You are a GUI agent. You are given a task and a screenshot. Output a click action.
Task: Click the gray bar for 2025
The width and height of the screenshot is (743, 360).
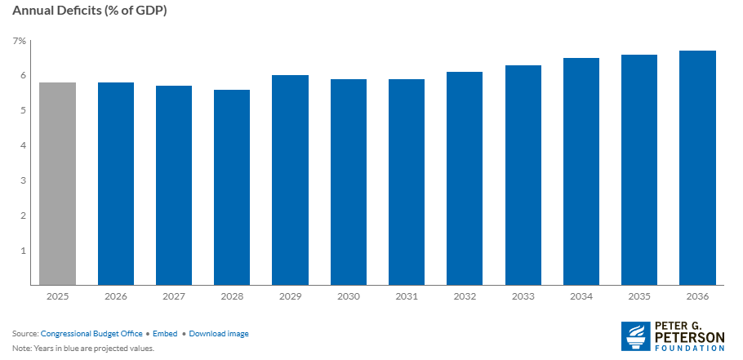(x=57, y=184)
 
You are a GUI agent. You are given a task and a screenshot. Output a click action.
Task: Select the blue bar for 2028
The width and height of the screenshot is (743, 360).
(x=232, y=188)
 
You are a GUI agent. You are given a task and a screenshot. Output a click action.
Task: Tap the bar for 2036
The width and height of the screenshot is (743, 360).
(x=698, y=168)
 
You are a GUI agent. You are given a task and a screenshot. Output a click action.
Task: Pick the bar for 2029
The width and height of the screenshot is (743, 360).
(x=290, y=180)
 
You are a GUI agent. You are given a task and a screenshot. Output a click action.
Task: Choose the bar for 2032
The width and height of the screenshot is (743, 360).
(x=465, y=179)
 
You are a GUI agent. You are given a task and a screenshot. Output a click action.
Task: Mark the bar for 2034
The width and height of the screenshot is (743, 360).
(x=581, y=171)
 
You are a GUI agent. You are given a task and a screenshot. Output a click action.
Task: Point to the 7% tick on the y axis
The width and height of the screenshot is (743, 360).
(x=19, y=41)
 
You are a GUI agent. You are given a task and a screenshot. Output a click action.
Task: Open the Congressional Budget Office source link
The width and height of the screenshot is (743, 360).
(x=91, y=334)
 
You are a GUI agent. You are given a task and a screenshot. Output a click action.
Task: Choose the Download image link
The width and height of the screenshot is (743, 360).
(x=218, y=334)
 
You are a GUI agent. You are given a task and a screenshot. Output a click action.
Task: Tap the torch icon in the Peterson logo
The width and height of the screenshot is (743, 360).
(x=636, y=336)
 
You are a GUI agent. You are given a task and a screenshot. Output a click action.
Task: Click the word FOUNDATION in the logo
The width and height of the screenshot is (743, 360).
(x=690, y=348)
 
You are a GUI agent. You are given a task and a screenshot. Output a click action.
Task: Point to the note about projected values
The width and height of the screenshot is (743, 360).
(x=83, y=348)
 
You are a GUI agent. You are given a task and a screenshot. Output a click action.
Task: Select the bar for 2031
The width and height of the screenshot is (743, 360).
(x=407, y=182)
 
